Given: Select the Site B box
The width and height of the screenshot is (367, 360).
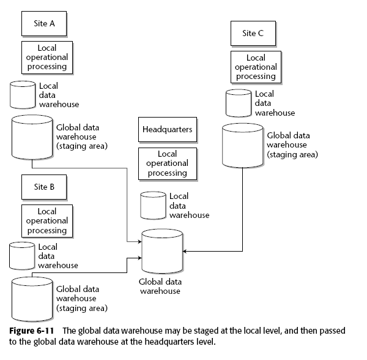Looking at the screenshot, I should [x=44, y=187].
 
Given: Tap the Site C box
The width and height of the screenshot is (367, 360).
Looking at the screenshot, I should [x=253, y=34].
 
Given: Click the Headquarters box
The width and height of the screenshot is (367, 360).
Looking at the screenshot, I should [x=167, y=130].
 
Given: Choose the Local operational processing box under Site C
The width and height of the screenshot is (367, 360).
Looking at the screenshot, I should [x=256, y=67].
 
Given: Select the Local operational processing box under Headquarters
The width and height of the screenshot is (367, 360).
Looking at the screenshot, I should [x=167, y=163].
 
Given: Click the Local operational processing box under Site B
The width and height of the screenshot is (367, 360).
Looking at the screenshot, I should [x=46, y=221].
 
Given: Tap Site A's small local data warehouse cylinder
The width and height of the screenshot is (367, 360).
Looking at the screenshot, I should [x=23, y=94].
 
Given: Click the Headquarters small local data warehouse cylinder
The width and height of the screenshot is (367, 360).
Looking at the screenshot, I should [x=154, y=206].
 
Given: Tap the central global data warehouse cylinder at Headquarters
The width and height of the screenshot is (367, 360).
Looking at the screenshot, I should [x=162, y=251].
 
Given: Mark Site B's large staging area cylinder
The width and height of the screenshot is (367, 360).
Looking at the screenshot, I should [x=32, y=296].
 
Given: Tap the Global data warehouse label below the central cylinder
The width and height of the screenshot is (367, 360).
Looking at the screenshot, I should [x=160, y=287].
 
